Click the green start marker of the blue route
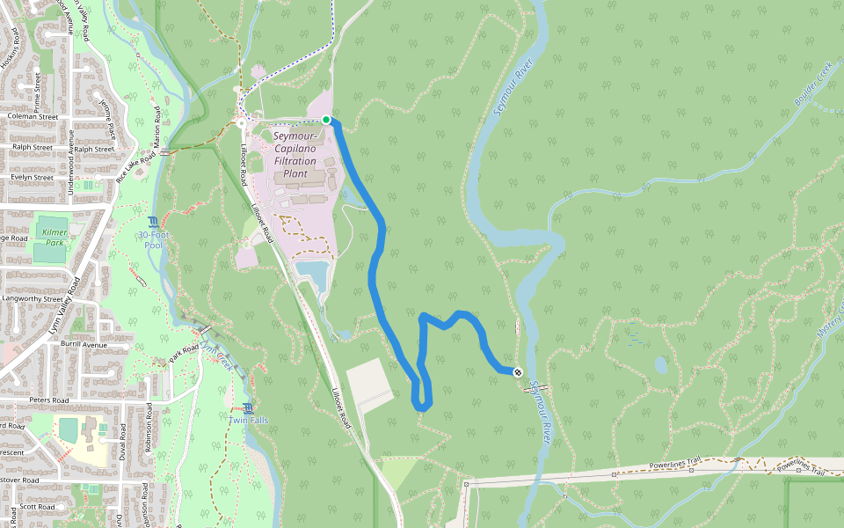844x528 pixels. point(326,120)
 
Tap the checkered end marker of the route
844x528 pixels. point(518,372)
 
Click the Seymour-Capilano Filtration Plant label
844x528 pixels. point(295,155)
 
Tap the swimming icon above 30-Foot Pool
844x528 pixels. point(154,221)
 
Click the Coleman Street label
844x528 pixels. point(33,116)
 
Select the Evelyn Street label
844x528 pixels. point(33,177)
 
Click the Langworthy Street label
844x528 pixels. point(33,298)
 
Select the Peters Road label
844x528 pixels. point(48,400)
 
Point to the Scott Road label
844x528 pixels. point(38,507)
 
